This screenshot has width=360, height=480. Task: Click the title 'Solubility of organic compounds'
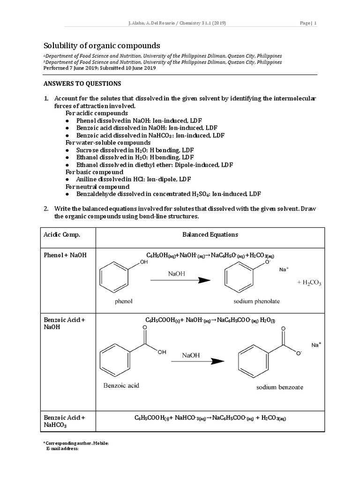point(102,46)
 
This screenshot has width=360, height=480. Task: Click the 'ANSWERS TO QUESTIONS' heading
point(82,83)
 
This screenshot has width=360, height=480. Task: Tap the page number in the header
point(308,23)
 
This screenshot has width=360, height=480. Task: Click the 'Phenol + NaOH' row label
point(65,255)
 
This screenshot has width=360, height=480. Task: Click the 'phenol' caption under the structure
point(124,301)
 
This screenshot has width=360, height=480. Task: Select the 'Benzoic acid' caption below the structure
point(121,386)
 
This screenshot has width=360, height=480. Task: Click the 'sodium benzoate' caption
point(279,387)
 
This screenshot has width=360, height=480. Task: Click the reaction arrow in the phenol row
point(180,280)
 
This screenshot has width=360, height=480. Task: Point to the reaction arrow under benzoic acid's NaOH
point(197,361)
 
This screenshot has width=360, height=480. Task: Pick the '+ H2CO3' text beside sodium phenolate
point(309,283)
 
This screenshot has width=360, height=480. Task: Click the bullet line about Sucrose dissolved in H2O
point(135,150)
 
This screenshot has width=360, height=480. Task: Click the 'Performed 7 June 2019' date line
point(100,68)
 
